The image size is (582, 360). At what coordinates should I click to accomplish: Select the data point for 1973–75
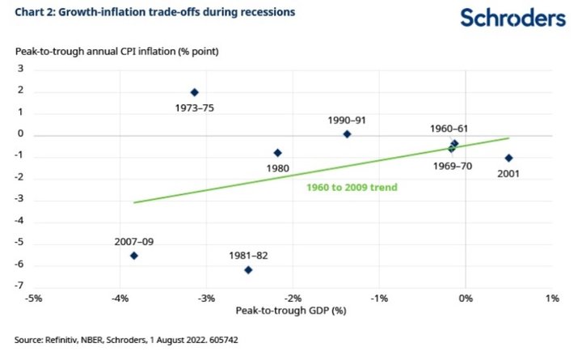(194, 92)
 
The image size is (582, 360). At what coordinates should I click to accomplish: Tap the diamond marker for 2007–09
(134, 256)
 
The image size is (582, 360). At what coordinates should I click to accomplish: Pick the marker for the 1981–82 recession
(248, 270)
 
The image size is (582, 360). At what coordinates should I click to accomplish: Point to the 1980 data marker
(278, 152)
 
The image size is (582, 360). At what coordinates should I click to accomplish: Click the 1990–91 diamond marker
(347, 134)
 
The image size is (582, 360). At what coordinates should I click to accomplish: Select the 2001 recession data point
(508, 158)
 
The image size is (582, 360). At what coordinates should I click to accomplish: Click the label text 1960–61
(448, 129)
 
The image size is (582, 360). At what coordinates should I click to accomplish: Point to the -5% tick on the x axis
(34, 299)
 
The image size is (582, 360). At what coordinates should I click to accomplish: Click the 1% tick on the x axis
(553, 299)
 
